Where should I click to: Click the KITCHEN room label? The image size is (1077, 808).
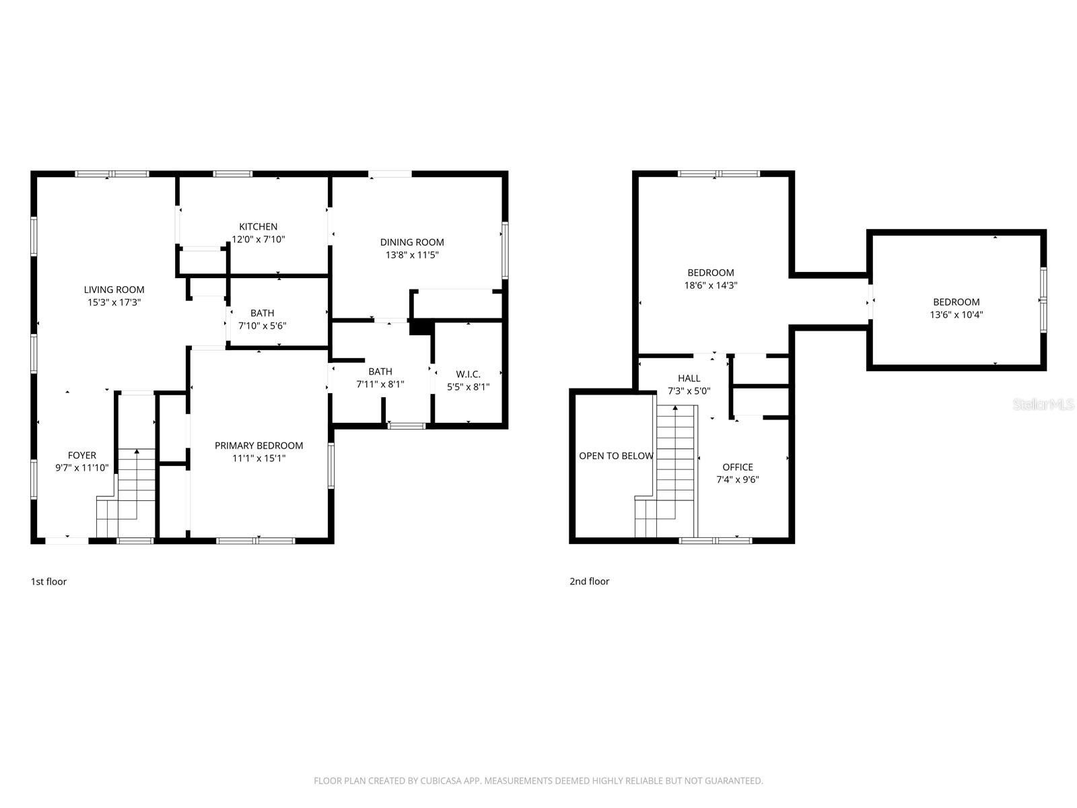pyautogui.click(x=258, y=227)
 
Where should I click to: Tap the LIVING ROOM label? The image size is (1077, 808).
pyautogui.click(x=114, y=290)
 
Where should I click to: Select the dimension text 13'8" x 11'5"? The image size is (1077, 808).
pyautogui.click(x=412, y=255)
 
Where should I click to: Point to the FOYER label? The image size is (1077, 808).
pyautogui.click(x=81, y=456)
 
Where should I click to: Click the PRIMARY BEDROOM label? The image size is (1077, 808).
pyautogui.click(x=258, y=446)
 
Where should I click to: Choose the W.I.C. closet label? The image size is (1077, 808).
pyautogui.click(x=468, y=374)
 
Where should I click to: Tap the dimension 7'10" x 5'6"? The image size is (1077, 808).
pyautogui.click(x=262, y=326)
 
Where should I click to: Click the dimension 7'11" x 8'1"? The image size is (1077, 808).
pyautogui.click(x=380, y=384)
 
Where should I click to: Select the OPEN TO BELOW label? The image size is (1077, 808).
pyautogui.click(x=615, y=456)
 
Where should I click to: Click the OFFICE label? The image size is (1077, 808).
pyautogui.click(x=737, y=467)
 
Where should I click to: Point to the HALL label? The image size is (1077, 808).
pyautogui.click(x=689, y=378)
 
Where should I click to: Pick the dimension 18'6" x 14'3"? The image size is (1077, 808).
pyautogui.click(x=710, y=285)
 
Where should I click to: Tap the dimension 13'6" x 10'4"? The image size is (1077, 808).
pyautogui.click(x=956, y=314)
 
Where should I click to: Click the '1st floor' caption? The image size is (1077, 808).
pyautogui.click(x=48, y=582)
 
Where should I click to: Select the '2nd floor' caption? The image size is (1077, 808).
pyautogui.click(x=589, y=582)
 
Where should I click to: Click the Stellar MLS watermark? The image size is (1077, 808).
pyautogui.click(x=1043, y=405)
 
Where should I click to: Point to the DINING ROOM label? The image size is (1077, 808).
pyautogui.click(x=412, y=242)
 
